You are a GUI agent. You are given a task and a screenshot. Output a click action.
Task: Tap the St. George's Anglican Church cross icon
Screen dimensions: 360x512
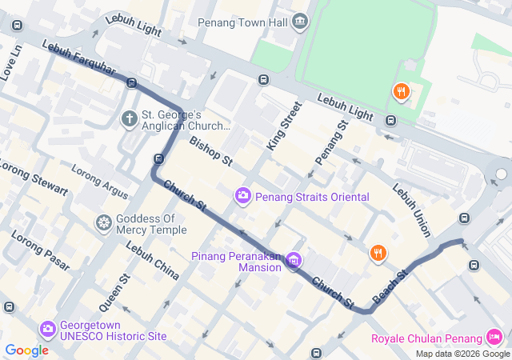tap(129, 120)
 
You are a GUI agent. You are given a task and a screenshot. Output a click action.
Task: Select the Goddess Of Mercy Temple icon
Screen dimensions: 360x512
tap(103, 222)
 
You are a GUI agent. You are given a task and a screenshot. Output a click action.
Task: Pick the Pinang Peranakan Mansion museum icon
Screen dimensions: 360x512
tap(294, 260)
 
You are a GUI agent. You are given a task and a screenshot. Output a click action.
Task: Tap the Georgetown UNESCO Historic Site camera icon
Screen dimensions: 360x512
tap(48, 329)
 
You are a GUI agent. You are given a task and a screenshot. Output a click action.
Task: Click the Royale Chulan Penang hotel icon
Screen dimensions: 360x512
tap(495, 337)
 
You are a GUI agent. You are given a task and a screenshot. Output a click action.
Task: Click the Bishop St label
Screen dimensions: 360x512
tap(210, 151)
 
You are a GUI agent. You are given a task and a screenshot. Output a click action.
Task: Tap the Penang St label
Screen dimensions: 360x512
tap(331, 142)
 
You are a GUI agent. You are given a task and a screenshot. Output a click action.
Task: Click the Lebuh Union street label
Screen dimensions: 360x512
tap(411, 210)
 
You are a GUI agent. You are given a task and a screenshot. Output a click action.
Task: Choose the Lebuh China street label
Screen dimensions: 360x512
tap(152, 261)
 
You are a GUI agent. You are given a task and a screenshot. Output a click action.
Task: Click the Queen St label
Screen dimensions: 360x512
tap(114, 293)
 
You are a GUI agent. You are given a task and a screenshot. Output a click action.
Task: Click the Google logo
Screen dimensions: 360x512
tap(26, 350)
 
